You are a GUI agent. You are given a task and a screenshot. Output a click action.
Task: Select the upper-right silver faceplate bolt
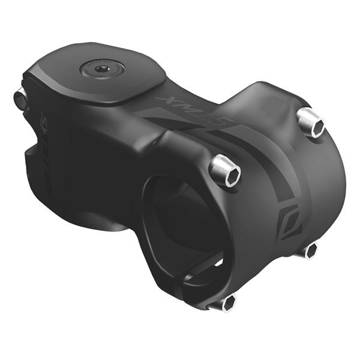pos(311,122)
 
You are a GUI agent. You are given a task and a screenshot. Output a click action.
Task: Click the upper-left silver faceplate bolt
pos(226,171)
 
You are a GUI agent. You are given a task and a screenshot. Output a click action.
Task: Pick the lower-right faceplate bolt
pos(308,250)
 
